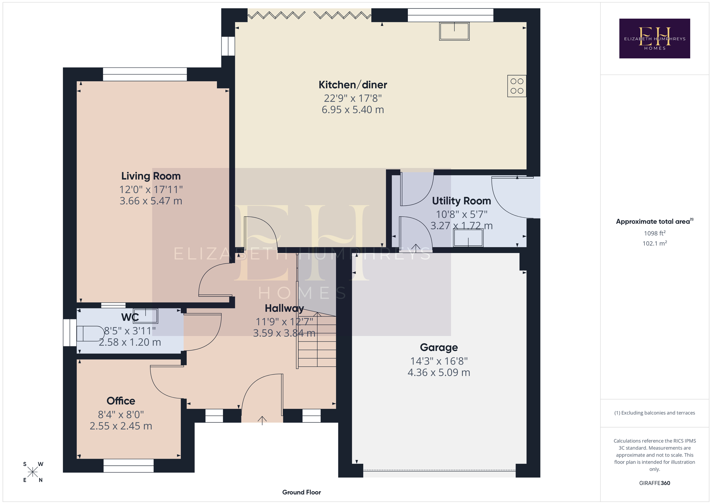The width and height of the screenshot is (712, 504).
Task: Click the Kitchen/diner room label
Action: coord(353,85)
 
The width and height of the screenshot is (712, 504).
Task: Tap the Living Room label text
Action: coord(151,176)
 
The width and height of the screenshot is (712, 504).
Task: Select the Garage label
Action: coord(439,347)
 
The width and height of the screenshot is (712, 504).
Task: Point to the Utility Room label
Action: coord(461,201)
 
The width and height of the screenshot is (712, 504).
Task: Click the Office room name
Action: coord(121,401)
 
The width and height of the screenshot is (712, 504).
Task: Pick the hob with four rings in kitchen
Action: coord(517,86)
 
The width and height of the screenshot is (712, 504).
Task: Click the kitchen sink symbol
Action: coord(454,31)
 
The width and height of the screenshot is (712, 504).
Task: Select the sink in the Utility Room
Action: coord(468,238)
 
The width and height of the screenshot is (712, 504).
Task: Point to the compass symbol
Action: coord(33,472)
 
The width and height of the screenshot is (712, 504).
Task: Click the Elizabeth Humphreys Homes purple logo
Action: coord(654,38)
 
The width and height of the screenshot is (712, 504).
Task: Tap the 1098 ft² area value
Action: coord(654,233)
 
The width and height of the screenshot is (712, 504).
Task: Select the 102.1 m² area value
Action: coord(654,243)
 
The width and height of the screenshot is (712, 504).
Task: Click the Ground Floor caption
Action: coord(302,492)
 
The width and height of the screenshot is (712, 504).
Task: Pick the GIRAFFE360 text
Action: coord(654,483)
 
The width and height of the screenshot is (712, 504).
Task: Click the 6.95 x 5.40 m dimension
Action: coord(353,110)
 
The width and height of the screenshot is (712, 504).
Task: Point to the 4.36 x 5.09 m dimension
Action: coord(439,372)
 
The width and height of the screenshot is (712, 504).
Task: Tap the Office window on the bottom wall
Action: coord(129,466)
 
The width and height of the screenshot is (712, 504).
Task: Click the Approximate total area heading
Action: coord(654,222)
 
